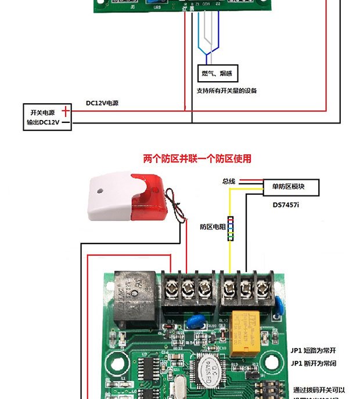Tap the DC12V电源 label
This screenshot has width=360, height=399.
coord(102,103)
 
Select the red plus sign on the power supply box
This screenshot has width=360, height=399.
coord(66,111)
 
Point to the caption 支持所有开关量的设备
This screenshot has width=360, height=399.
coord(226,90)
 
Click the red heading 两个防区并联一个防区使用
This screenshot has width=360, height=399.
coord(197,158)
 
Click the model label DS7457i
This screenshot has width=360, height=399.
coord(289,205)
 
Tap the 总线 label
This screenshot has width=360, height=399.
coord(228,182)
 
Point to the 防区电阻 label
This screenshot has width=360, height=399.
coord(213,227)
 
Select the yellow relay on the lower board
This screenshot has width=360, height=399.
coord(248,334)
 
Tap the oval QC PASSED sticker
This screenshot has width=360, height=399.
coord(206,372)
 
